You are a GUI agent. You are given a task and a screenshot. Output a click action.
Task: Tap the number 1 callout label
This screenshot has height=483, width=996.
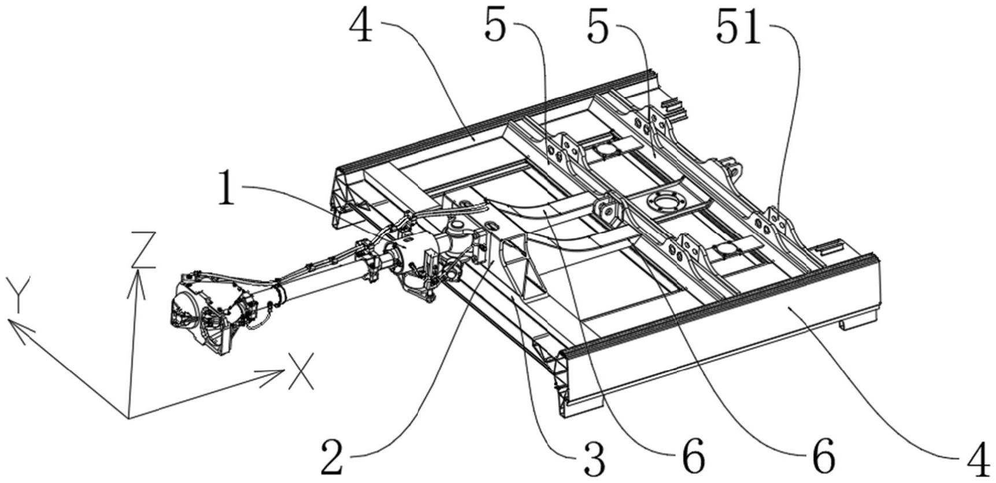[x=227, y=191]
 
